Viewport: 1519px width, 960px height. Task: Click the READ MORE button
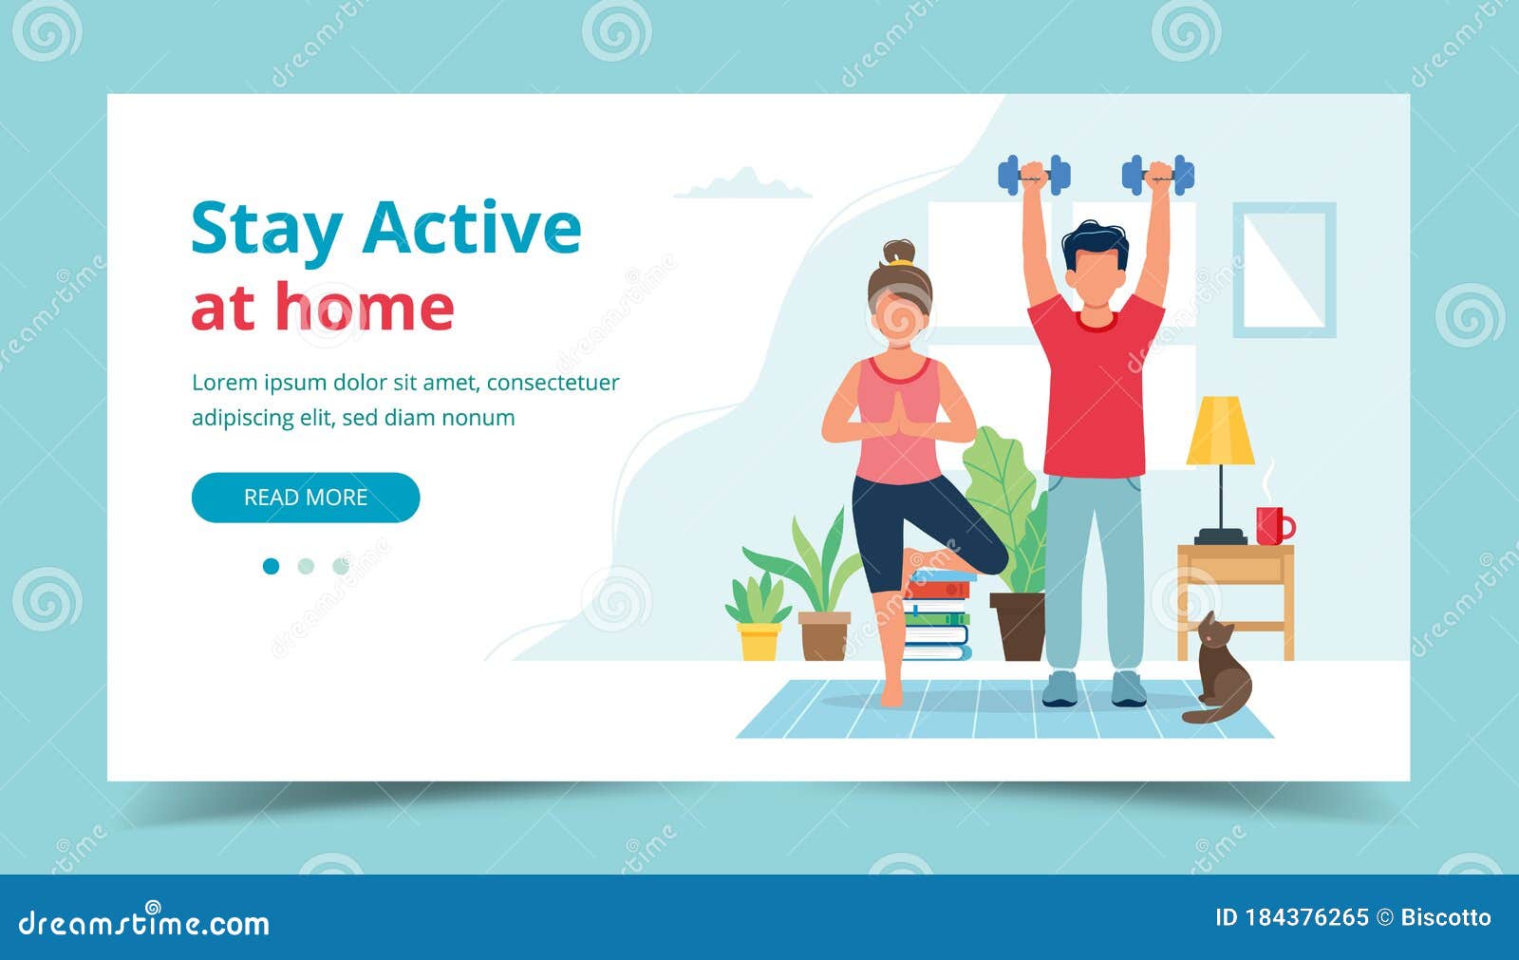click(306, 498)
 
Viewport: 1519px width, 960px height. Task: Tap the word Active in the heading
click(472, 228)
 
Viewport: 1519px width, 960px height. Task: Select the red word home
click(365, 308)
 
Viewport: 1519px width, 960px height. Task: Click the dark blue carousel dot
click(272, 567)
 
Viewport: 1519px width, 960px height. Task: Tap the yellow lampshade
click(1220, 431)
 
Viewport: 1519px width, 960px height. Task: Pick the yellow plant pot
click(759, 641)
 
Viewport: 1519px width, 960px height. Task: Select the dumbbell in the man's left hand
click(1157, 175)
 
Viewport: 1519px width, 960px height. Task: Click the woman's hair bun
click(898, 253)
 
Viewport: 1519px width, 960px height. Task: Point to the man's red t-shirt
click(1096, 389)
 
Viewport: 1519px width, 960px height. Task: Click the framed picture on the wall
click(1284, 270)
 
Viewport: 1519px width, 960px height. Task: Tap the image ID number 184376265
click(1306, 917)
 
